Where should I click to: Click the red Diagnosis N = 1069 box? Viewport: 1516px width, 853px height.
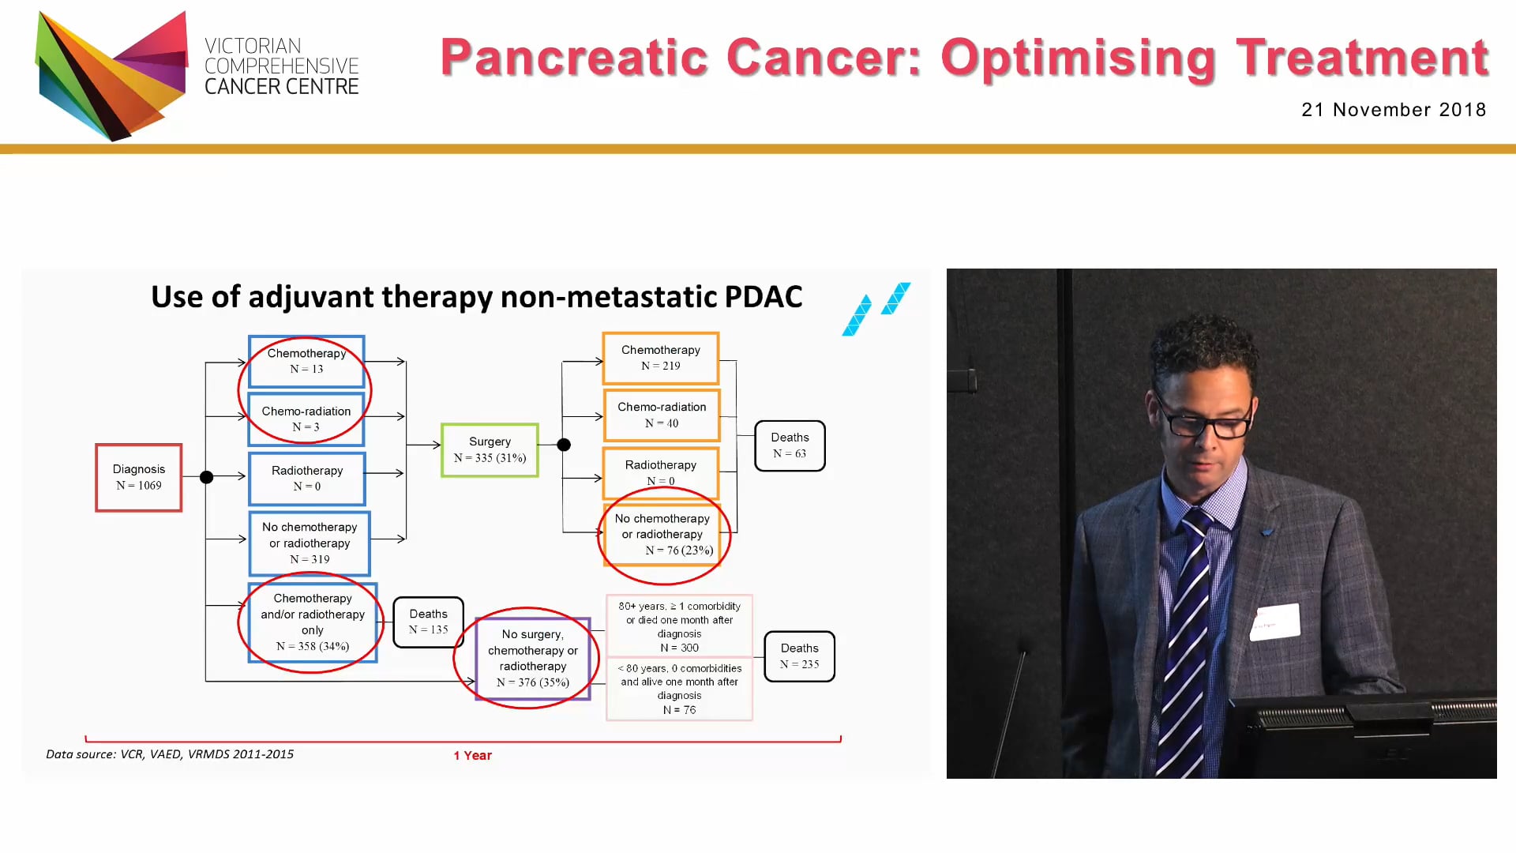139,477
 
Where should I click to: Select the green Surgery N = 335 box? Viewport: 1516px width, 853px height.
490,449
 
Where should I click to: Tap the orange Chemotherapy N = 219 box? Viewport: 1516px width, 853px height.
660,358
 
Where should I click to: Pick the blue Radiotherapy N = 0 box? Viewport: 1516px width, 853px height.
307,478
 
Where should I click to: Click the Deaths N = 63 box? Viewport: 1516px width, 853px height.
790,445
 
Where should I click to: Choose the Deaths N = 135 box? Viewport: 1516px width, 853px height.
428,622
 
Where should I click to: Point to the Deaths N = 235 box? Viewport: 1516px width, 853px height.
799,656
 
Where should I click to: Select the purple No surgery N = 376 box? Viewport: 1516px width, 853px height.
533,658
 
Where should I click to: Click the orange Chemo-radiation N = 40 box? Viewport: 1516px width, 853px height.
662,415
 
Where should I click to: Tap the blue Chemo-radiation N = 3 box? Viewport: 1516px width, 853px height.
306,419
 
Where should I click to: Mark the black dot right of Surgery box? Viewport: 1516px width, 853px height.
564,445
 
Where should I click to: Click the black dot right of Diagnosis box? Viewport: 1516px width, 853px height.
206,477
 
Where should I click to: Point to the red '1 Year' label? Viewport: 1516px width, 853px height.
472,755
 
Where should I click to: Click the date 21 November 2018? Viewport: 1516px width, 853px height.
1393,110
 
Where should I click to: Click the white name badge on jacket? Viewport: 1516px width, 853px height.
1274,621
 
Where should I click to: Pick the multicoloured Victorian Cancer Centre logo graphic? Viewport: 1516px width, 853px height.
111,75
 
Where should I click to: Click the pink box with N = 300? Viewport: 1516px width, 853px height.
679,626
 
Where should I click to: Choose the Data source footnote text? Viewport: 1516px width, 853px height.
170,754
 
